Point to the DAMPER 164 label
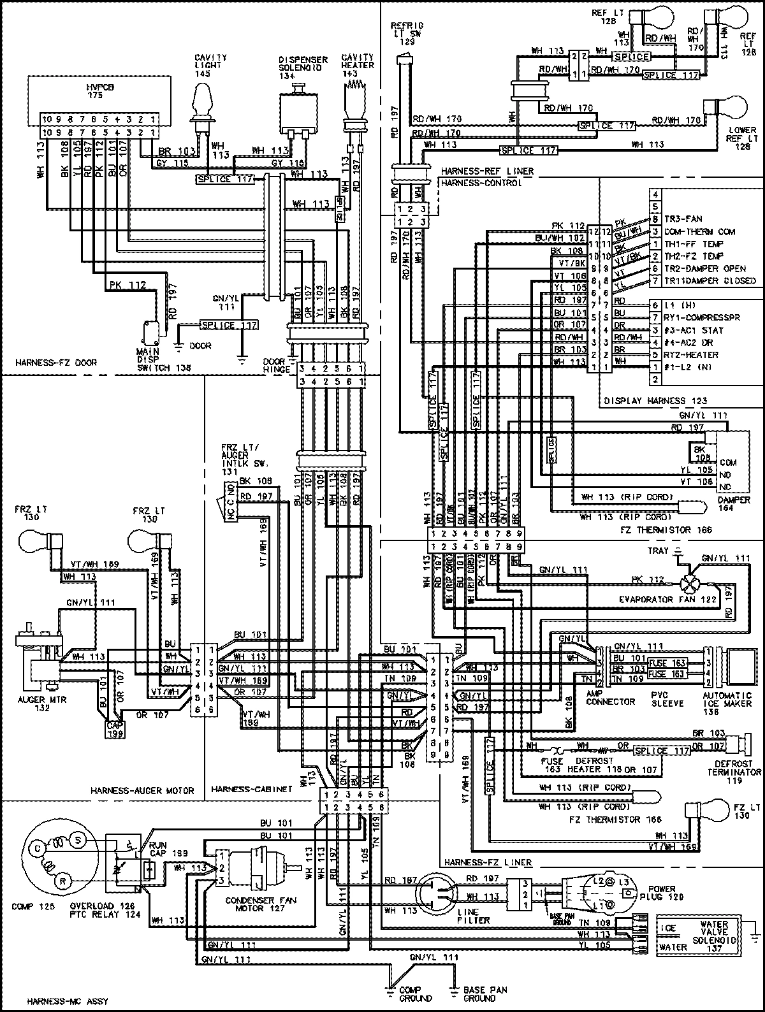coord(733,504)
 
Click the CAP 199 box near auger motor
coord(115,728)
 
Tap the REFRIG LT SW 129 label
coord(403,33)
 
